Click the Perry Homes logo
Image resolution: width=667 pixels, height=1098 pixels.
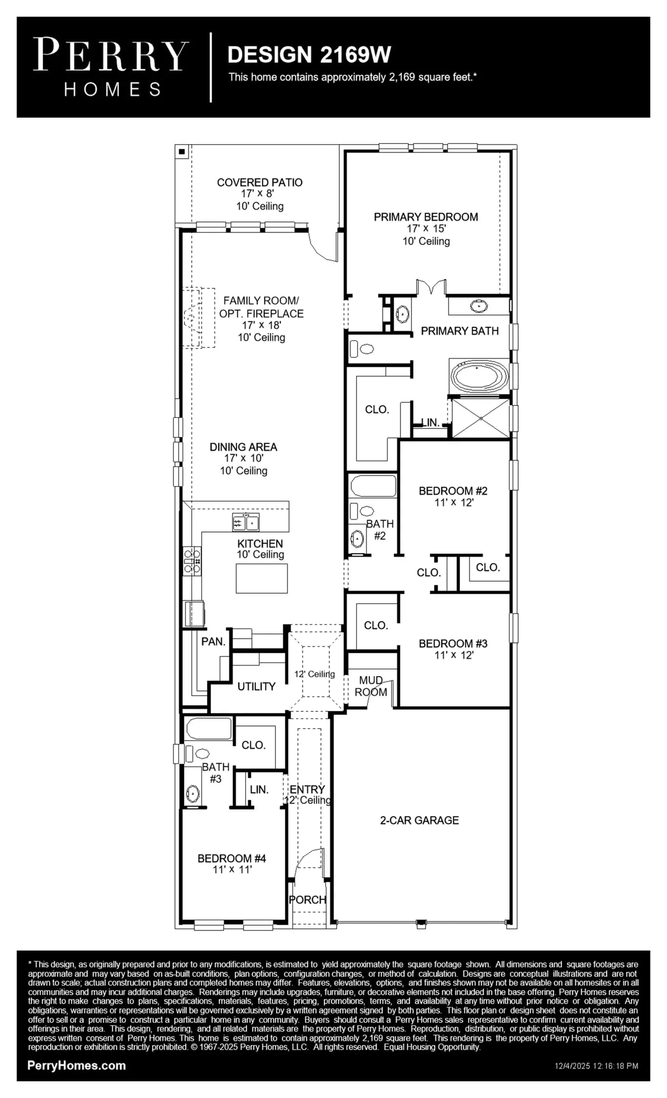(111, 67)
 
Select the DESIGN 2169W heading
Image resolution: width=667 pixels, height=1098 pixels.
(309, 55)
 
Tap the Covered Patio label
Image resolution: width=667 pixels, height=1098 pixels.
(260, 183)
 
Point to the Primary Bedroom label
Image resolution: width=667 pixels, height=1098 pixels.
(426, 217)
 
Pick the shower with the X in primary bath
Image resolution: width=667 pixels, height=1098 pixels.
(481, 418)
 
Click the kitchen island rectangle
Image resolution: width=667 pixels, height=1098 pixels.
(262, 578)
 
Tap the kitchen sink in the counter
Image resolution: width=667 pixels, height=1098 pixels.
(246, 522)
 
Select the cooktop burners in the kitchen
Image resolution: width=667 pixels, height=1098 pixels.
(192, 561)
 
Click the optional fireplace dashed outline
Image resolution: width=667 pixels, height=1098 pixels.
(199, 318)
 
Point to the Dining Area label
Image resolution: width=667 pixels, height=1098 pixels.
(243, 447)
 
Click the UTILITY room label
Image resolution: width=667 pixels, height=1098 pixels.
(256, 687)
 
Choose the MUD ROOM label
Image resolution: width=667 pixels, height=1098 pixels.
(371, 686)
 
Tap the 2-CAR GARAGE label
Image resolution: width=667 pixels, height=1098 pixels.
(419, 820)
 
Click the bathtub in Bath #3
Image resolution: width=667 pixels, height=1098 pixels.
(209, 729)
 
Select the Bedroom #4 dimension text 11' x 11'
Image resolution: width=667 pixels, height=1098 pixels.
(232, 869)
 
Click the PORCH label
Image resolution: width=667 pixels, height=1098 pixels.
(307, 900)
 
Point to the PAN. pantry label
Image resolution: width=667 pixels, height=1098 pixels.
(213, 642)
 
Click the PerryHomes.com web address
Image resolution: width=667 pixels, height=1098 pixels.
(77, 1066)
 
